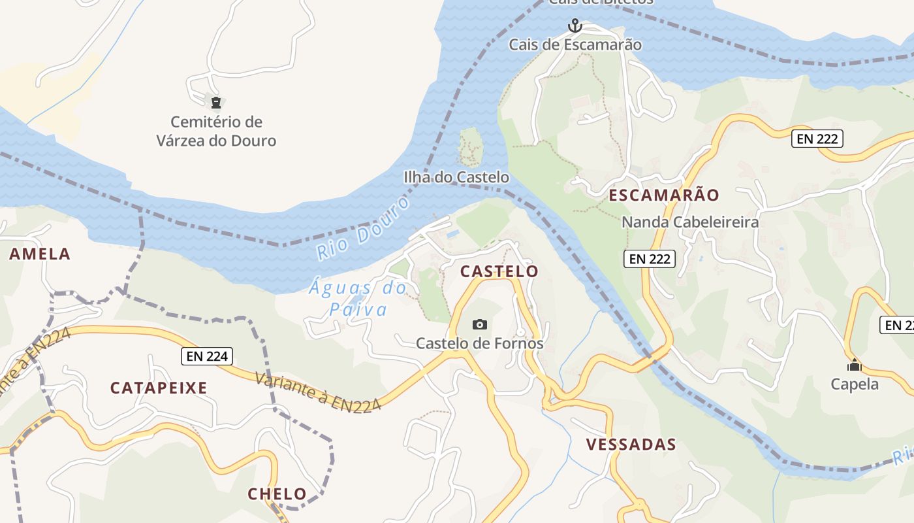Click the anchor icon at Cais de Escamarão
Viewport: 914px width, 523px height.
tap(575, 25)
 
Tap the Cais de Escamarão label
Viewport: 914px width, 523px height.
tap(575, 45)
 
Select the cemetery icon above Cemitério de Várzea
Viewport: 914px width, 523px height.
tap(216, 102)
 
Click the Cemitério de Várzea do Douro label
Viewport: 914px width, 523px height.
tap(216, 131)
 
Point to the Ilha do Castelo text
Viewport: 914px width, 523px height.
tap(456, 177)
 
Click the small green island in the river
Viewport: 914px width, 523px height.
tap(470, 146)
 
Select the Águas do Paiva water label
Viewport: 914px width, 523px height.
tap(358, 298)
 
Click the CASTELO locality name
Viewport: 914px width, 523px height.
tap(499, 271)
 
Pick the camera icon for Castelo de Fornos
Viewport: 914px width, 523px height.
tap(480, 324)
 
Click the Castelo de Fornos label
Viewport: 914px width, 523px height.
tap(480, 343)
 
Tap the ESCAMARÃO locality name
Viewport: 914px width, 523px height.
tap(664, 195)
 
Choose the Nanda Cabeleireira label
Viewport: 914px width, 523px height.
tap(690, 222)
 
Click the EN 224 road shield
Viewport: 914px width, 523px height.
tap(207, 356)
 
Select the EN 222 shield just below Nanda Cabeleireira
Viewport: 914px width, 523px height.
tap(649, 259)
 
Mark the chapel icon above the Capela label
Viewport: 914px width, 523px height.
tap(854, 365)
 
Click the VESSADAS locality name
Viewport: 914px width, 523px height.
tap(631, 445)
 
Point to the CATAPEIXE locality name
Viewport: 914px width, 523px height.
tap(159, 388)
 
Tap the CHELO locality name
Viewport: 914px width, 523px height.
tap(277, 494)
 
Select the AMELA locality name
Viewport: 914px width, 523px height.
tap(39, 254)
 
